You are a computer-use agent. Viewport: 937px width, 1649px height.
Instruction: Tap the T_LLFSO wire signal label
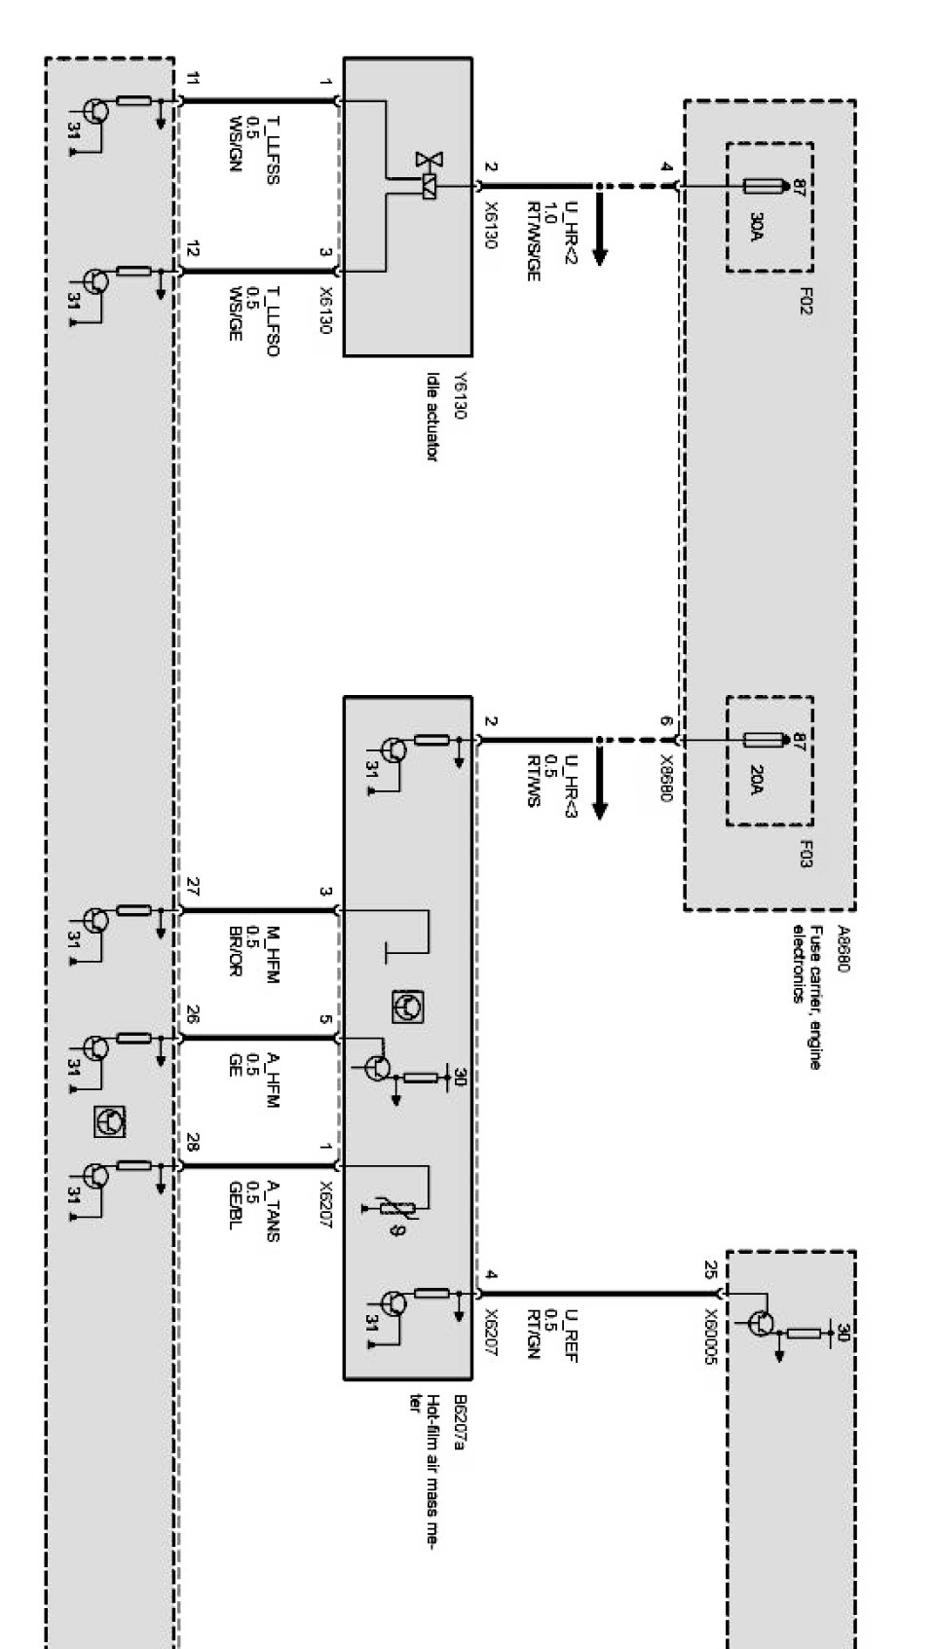pyautogui.click(x=274, y=322)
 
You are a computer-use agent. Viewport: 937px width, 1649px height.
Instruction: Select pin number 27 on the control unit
pyautogui.click(x=193, y=886)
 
